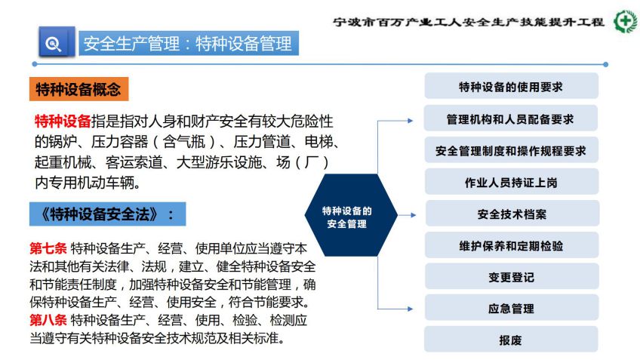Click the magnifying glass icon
(x=54, y=43)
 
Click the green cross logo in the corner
(x=626, y=21)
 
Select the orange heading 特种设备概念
(x=78, y=89)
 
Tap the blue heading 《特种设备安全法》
(x=107, y=214)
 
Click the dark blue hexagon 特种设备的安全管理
(x=351, y=215)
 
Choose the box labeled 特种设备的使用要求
(x=511, y=86)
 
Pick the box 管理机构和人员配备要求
(x=511, y=118)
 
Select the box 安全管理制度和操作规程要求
(x=511, y=150)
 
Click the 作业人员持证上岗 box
(x=512, y=182)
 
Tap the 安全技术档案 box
(x=512, y=214)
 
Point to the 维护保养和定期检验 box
(x=512, y=245)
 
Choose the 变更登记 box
(x=512, y=277)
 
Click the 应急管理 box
(x=512, y=308)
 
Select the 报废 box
(x=511, y=339)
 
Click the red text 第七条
(x=48, y=248)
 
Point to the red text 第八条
(x=48, y=320)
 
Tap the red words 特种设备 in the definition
(x=63, y=122)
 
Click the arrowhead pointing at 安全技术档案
(x=413, y=215)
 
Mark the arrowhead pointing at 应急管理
(x=411, y=309)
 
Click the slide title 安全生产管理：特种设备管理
(x=188, y=43)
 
